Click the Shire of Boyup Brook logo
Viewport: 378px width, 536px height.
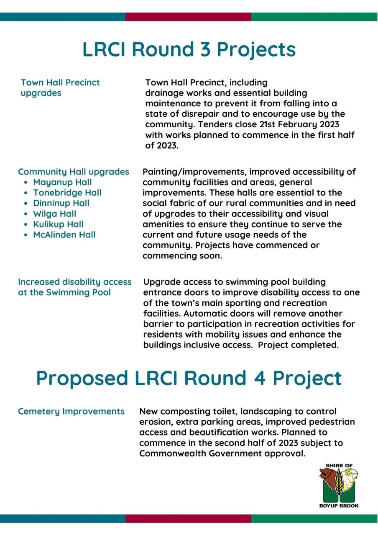click(338, 485)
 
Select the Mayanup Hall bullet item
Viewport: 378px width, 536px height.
click(62, 182)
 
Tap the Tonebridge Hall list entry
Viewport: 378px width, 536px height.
click(67, 193)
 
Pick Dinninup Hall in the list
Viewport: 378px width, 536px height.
click(61, 203)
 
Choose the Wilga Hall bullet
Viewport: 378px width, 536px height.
click(54, 214)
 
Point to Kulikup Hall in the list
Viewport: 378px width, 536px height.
click(58, 224)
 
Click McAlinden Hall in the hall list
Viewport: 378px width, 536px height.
click(64, 234)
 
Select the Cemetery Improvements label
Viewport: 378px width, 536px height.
click(71, 412)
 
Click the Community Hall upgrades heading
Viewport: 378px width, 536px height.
click(74, 172)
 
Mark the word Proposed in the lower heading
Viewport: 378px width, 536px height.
click(82, 378)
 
